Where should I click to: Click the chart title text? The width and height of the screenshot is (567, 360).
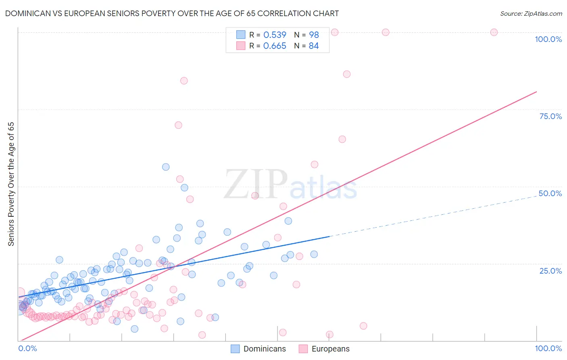pos(172,13)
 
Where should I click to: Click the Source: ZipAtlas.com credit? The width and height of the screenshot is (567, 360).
pos(531,14)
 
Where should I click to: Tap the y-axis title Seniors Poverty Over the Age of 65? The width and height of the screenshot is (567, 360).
pos(11,184)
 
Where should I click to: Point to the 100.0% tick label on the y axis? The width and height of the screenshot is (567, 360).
pos(548,39)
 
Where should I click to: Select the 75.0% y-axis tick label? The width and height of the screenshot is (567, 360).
pos(550,116)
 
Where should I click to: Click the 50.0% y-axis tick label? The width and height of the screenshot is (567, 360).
pos(550,193)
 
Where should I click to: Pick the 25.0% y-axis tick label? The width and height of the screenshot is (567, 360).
pos(550,271)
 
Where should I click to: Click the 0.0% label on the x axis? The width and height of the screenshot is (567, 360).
pos(27,348)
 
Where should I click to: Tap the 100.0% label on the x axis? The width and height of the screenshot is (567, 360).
pos(548,348)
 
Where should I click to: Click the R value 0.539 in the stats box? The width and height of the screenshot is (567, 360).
pos(275,35)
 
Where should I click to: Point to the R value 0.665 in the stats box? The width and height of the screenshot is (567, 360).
pos(275,46)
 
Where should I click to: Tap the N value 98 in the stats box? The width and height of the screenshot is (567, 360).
pos(314,35)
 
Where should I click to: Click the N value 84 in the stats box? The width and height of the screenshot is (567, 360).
pos(314,46)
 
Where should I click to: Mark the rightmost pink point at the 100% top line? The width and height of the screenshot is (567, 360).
pos(494,32)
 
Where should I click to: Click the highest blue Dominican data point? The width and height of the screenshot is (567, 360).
pos(166,167)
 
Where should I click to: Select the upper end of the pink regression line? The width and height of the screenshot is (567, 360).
pos(536,92)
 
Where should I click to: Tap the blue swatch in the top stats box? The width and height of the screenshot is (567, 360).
pos(241,35)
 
